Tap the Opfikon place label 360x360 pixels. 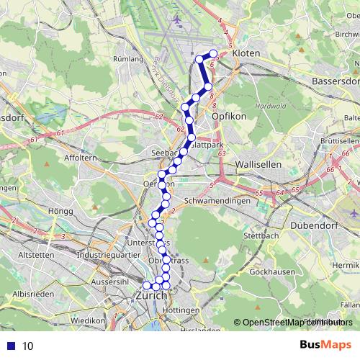(x=229, y=115)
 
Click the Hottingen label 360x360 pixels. (x=185, y=310)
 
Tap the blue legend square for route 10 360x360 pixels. (x=9, y=346)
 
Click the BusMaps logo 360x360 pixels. (x=325, y=346)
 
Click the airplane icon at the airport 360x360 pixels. (x=178, y=19)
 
